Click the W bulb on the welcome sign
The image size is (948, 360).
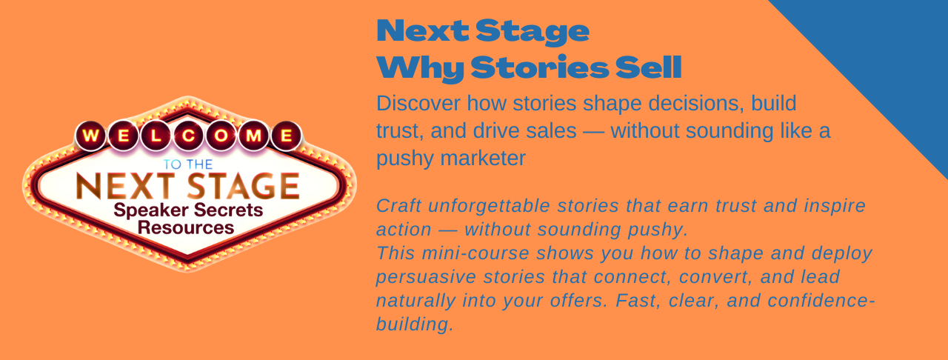[90, 136]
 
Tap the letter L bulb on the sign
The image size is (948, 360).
[156, 136]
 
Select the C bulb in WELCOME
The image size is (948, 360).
[188, 136]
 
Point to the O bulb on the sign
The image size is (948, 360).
[221, 136]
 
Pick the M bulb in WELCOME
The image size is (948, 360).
[253, 136]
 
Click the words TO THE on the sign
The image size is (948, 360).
[188, 164]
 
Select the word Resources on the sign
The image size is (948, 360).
[186, 228]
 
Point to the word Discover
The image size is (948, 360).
[418, 104]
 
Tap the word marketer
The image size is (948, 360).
[483, 159]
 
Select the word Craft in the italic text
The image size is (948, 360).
[399, 206]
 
